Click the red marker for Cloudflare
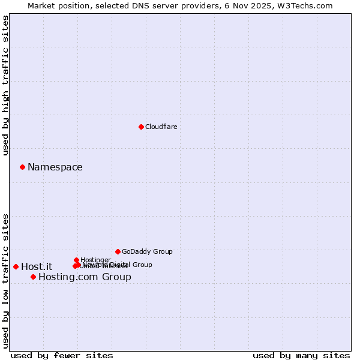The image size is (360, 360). point(141,127)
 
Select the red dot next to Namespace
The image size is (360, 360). point(22,167)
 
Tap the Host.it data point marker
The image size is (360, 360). point(16,266)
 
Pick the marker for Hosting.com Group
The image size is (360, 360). point(33,277)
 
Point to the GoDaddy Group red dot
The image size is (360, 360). point(118,251)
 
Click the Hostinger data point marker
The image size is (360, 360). point(76,260)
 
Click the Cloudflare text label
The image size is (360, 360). point(161,127)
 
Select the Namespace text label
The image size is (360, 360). point(55,167)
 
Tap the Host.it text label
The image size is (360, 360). point(37,266)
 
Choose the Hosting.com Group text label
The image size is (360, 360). point(85,277)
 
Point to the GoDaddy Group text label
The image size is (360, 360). point(147,251)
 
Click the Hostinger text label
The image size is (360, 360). point(95,260)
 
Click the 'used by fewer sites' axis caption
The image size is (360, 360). point(62,355)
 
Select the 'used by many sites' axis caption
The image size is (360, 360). point(301,355)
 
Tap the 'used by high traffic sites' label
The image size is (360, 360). point(5,85)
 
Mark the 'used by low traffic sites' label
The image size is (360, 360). point(5,281)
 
